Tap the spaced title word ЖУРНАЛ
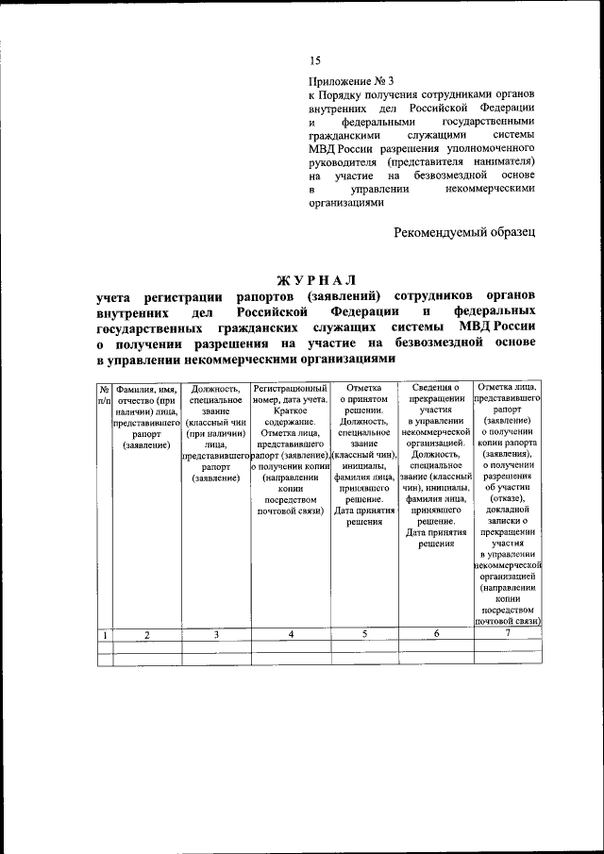point(316,280)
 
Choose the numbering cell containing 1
point(104,635)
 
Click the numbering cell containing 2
point(147,635)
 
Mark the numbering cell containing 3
point(215,635)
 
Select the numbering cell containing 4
point(291,635)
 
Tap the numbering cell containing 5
point(363,635)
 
